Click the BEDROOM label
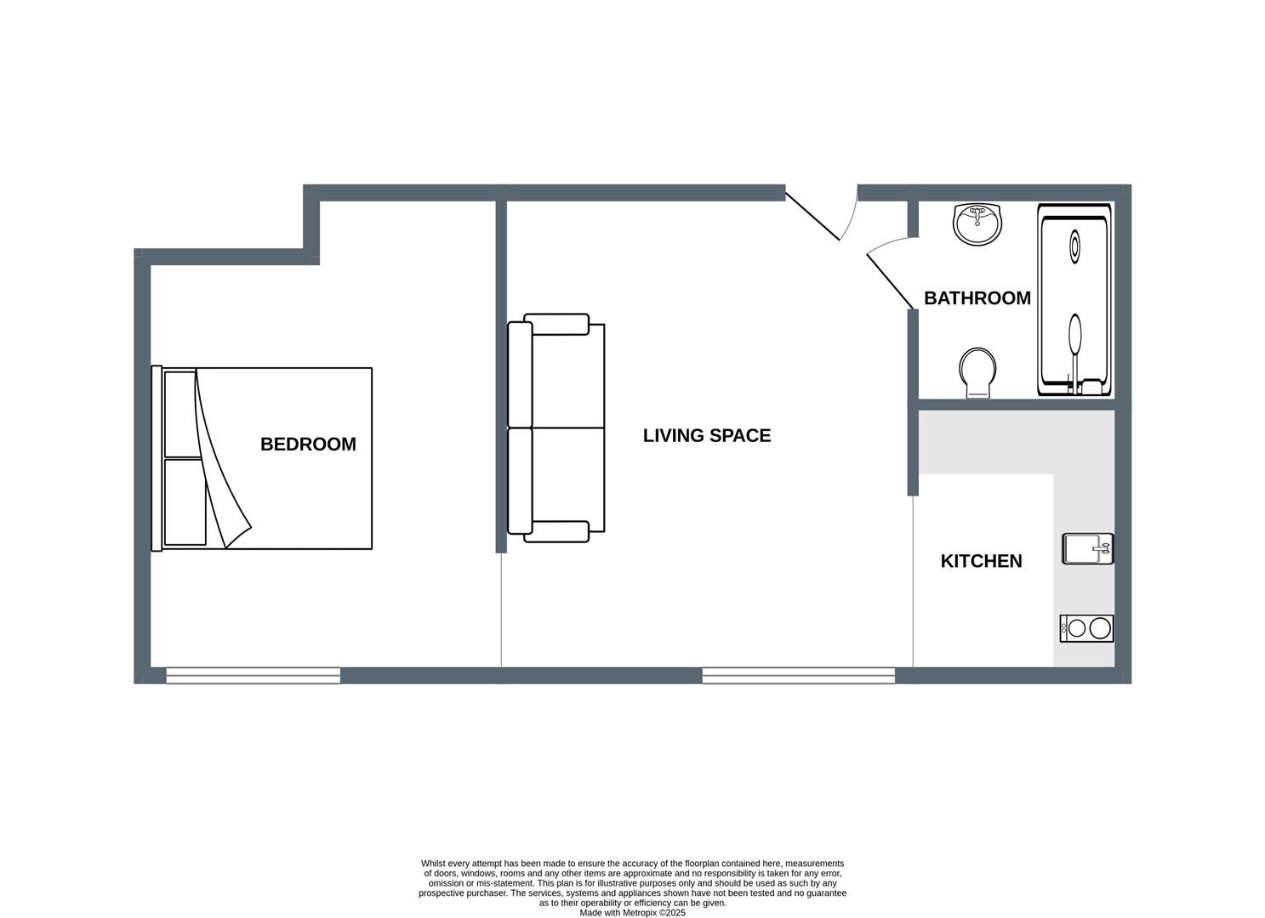(308, 444)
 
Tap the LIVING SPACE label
(706, 435)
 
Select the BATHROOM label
(977, 297)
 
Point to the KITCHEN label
(981, 561)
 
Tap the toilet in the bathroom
(977, 372)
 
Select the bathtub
(1074, 299)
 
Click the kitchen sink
(1087, 548)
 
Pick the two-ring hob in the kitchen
(1086, 628)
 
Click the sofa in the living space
(556, 428)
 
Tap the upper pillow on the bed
(180, 414)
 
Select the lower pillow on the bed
(185, 502)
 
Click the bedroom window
(253, 676)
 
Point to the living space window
(799, 676)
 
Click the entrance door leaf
(812, 216)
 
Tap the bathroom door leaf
(890, 282)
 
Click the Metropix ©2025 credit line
(633, 912)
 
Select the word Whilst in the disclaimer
(433, 864)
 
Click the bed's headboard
(157, 458)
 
